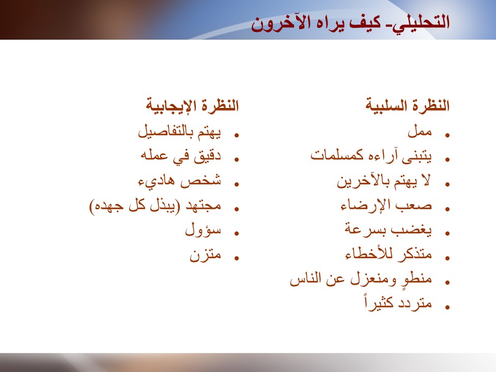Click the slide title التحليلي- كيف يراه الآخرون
350,23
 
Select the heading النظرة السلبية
408,105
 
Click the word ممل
420,131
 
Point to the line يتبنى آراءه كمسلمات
371,156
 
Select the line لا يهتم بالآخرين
384,181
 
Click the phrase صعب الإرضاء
386,205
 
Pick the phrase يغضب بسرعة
388,229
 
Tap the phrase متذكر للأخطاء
389,254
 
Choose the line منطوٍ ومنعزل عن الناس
361,279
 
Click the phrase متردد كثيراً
398,303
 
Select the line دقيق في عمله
181,156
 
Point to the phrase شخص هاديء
180,181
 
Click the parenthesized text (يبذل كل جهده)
135,206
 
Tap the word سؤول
203,229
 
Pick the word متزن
205,255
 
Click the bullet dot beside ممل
447,135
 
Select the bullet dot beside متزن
236,258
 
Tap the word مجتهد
203,206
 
